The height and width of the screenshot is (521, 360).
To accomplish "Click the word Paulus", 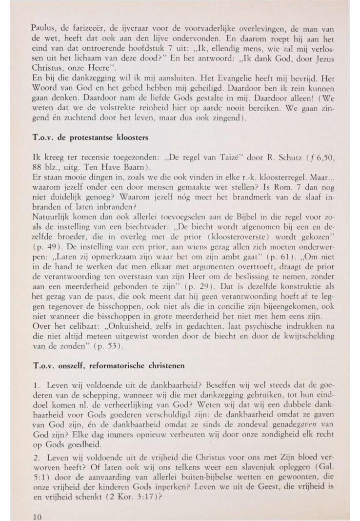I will click(40, 31).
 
